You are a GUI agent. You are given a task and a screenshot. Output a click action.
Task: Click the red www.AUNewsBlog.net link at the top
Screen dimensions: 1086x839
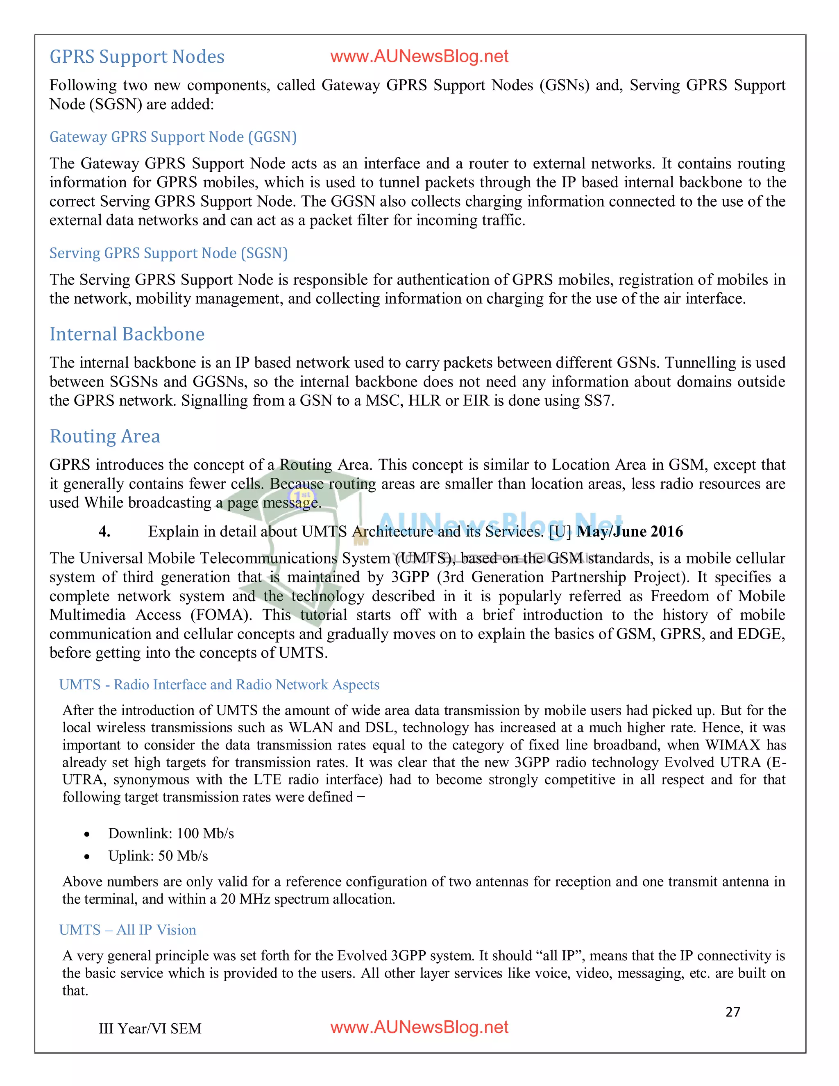pyautogui.click(x=419, y=57)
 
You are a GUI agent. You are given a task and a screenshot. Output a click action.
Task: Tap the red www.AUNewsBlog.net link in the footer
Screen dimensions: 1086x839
pyautogui.click(x=419, y=1027)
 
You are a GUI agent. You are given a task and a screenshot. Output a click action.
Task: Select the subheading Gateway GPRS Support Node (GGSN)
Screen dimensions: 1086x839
pyautogui.click(x=173, y=137)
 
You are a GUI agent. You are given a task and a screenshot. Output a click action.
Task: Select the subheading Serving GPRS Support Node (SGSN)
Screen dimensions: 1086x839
pyautogui.click(x=168, y=253)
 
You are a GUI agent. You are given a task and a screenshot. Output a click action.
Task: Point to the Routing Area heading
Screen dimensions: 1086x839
pyautogui.click(x=105, y=436)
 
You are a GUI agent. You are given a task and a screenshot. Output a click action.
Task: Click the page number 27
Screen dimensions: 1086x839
pyautogui.click(x=732, y=1012)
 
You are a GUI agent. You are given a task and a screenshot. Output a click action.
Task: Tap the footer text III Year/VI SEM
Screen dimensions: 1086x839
pyautogui.click(x=150, y=1028)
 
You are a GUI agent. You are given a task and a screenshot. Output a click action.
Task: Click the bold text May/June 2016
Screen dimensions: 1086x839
pyautogui.click(x=630, y=532)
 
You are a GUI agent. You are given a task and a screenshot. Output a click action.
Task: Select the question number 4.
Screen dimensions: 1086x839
pyautogui.click(x=104, y=532)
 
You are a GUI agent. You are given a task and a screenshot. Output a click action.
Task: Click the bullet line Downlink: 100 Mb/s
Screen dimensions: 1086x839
pyautogui.click(x=171, y=834)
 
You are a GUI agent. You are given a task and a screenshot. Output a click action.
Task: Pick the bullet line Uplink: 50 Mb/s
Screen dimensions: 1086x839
pyautogui.click(x=158, y=856)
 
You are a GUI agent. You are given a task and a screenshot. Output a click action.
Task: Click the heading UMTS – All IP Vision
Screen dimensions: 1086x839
pyautogui.click(x=128, y=930)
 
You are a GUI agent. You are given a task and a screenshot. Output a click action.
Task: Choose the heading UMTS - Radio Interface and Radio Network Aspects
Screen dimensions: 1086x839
pyautogui.click(x=219, y=685)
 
